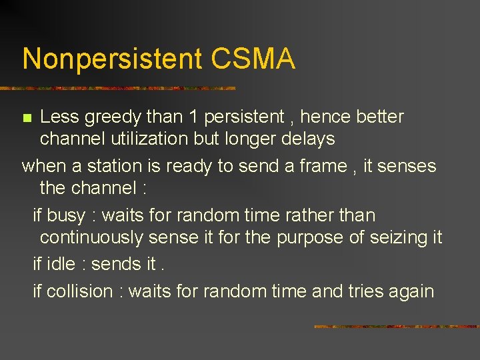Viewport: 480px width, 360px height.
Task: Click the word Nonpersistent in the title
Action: click(112, 59)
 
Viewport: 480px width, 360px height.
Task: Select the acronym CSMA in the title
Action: click(253, 59)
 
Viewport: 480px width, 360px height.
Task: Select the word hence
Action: click(325, 117)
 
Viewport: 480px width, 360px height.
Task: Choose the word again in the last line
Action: click(412, 292)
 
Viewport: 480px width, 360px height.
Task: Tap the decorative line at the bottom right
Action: click(396, 327)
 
